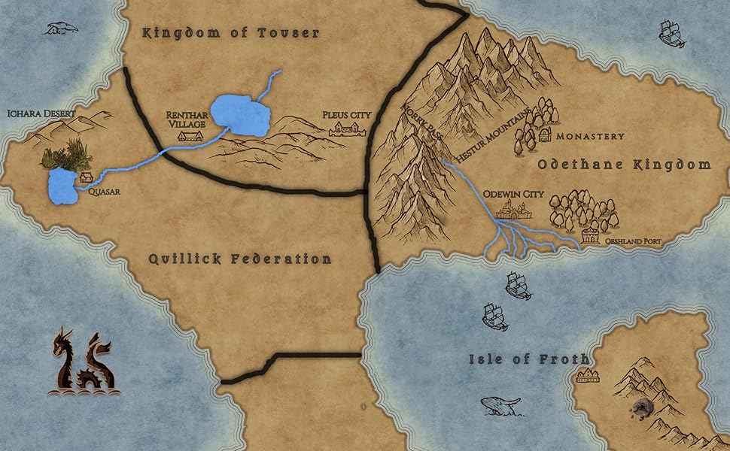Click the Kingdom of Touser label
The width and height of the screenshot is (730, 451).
click(231, 33)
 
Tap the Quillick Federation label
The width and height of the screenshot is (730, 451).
click(239, 259)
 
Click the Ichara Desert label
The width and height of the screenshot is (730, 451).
click(41, 114)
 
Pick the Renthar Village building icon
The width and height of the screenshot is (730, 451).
click(189, 137)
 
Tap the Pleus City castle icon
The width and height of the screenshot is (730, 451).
click(347, 130)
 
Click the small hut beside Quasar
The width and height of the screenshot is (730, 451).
click(86, 177)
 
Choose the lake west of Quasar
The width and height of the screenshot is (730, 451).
click(60, 187)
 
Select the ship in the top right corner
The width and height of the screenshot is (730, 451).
click(671, 34)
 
